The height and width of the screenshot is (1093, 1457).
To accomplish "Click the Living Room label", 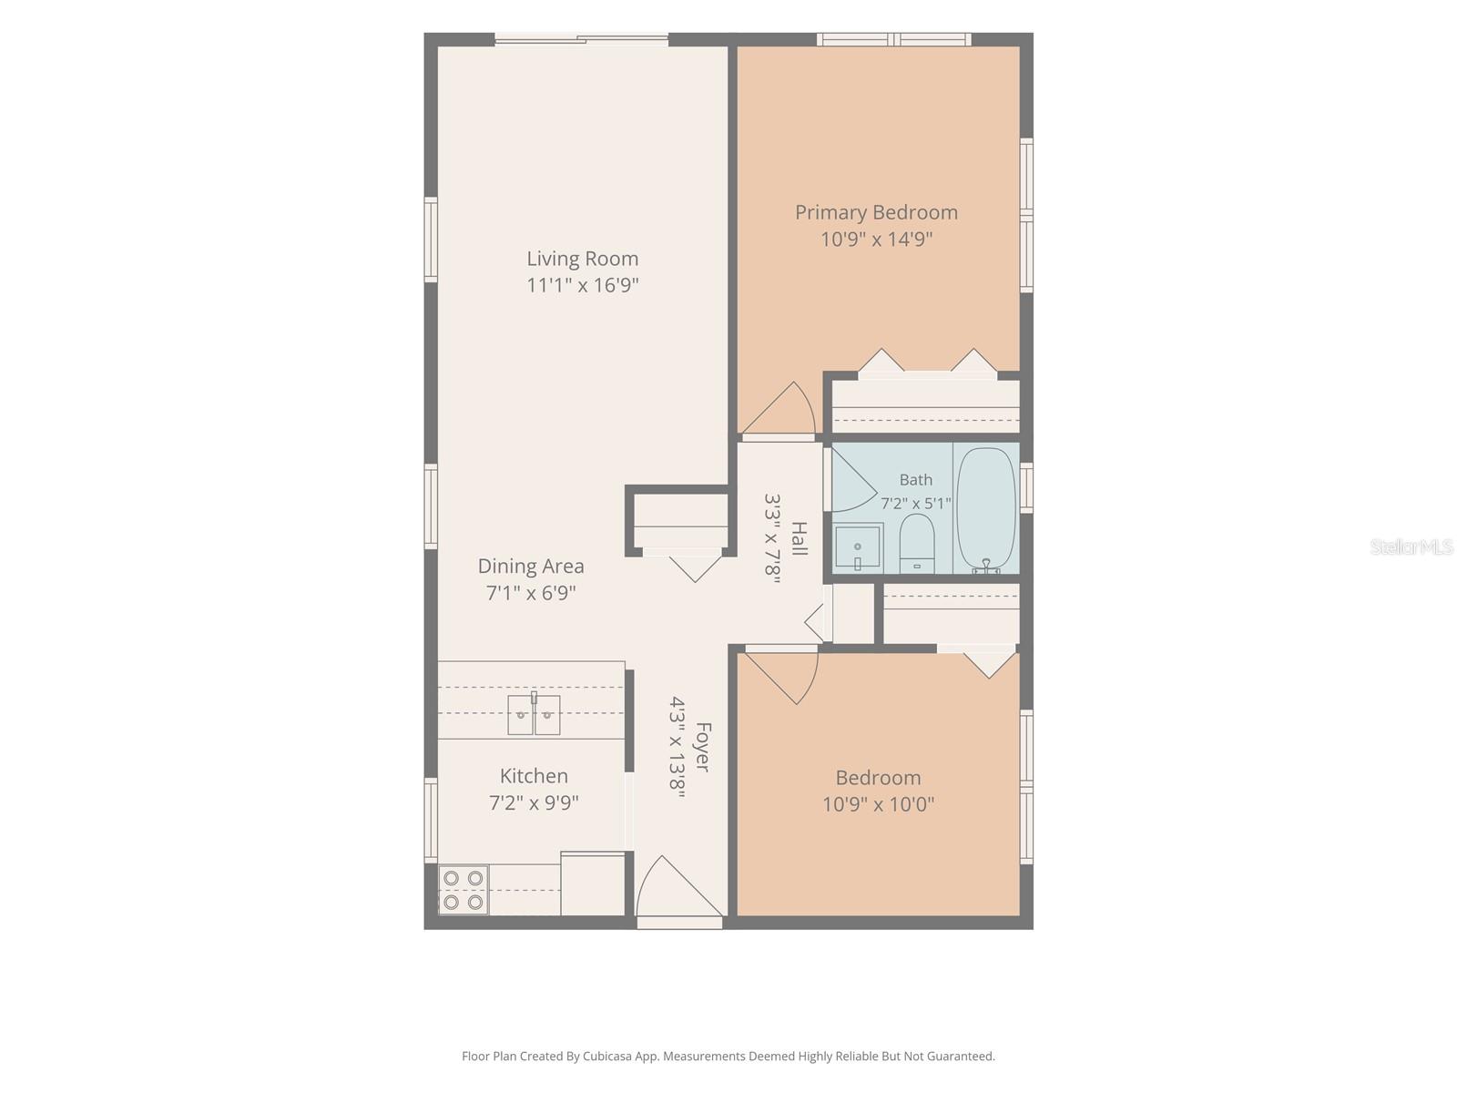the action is [x=582, y=259].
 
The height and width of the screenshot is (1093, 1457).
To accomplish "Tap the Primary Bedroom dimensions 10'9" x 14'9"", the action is [x=876, y=239].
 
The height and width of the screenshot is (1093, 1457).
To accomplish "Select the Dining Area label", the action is [x=531, y=566].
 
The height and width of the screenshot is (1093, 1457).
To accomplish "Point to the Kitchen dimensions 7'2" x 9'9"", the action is [x=534, y=803].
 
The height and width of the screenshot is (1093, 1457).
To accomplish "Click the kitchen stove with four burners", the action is [x=464, y=890].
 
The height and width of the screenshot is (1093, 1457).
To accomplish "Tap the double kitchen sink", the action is [x=534, y=714].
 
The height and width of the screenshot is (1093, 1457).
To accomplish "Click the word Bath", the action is [x=915, y=479].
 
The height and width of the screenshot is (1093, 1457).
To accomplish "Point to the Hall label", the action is [x=800, y=538].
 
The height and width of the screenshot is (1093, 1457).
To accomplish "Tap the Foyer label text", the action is [x=703, y=747].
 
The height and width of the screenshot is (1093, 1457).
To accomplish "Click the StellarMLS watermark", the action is [x=1411, y=546].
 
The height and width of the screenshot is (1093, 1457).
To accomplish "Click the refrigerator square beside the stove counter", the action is [x=593, y=884].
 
